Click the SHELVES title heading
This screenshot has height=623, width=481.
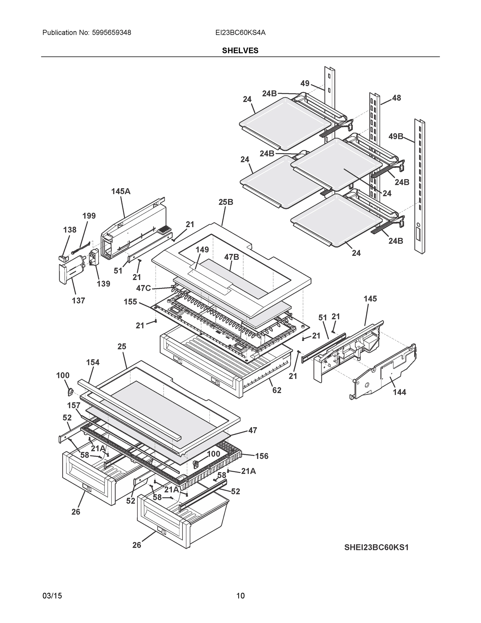(240, 51)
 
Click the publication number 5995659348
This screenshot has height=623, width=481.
(111, 33)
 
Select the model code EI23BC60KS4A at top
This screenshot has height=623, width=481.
(240, 33)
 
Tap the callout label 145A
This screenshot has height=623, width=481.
(121, 191)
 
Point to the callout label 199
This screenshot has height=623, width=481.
(89, 216)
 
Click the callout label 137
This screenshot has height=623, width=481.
(78, 300)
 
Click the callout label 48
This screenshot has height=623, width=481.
(396, 98)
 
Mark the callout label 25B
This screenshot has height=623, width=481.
(226, 202)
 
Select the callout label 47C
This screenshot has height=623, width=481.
(143, 288)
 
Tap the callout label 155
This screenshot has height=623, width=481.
(130, 302)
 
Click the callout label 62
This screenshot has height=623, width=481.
(277, 390)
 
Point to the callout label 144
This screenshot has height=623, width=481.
(399, 392)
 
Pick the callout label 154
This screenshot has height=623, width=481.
(93, 362)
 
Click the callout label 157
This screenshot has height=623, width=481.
(74, 405)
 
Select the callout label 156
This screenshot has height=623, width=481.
(262, 456)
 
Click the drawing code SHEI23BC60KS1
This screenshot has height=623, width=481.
(376, 547)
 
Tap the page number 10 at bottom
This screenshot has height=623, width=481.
(240, 596)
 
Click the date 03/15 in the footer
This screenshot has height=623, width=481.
(52, 596)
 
